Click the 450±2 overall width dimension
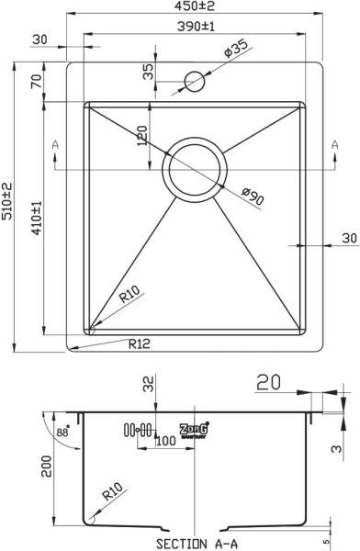(x=196, y=6)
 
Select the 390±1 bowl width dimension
(x=196, y=27)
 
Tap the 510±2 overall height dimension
(x=6, y=201)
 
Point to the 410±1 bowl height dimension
(x=37, y=218)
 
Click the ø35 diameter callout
(x=235, y=48)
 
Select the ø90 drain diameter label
(x=253, y=197)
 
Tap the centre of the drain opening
(x=195, y=170)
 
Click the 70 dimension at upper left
(x=37, y=82)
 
